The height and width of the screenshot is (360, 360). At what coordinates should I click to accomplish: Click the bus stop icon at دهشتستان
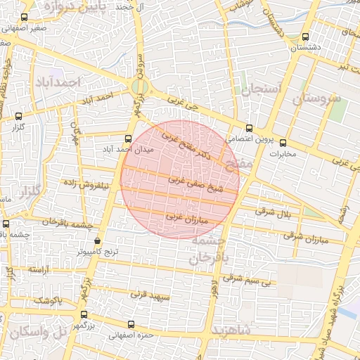pyautogui.click(x=304, y=37)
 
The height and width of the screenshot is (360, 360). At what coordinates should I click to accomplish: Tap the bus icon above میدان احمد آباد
pyautogui.click(x=128, y=139)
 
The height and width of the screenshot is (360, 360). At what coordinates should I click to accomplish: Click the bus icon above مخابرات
pyautogui.click(x=283, y=143)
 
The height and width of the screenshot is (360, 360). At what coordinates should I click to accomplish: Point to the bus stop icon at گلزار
pyautogui.click(x=18, y=117)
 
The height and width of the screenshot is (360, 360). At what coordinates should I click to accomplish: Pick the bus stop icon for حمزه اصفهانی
pyautogui.click(x=131, y=324)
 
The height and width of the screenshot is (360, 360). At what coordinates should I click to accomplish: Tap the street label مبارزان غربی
pyautogui.click(x=186, y=218)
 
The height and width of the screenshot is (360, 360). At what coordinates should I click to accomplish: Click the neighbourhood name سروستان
pyautogui.click(x=316, y=98)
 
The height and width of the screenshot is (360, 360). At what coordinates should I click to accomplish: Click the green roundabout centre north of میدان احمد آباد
pyautogui.click(x=139, y=88)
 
